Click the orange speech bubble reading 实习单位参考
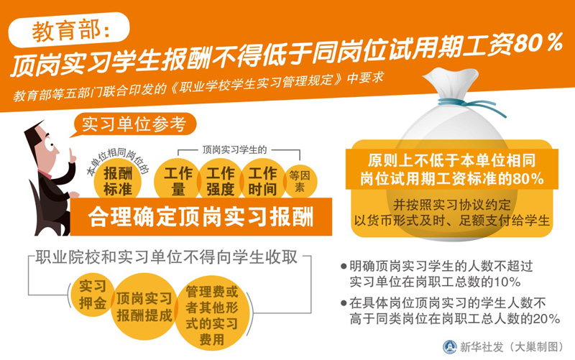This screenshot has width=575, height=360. pos(134,124)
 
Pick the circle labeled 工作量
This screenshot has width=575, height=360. pos(178,180)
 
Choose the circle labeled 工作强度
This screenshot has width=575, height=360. pos(220,180)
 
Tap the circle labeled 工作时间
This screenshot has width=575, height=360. pos(262,180)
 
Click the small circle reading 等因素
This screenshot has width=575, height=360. pos(300,181)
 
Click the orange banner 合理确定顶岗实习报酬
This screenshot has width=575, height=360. pos(201,217)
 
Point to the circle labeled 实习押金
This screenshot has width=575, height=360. pos(93,295)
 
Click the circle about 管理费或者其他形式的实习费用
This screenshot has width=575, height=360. pos(212,315)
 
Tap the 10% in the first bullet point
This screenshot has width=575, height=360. pos(507,282)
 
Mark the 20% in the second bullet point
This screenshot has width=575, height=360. pos(546,318)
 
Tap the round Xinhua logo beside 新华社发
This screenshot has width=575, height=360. pos(450,346)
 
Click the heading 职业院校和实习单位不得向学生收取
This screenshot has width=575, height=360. pos(166,257)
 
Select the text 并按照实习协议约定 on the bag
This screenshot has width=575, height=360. pos(452,205)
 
